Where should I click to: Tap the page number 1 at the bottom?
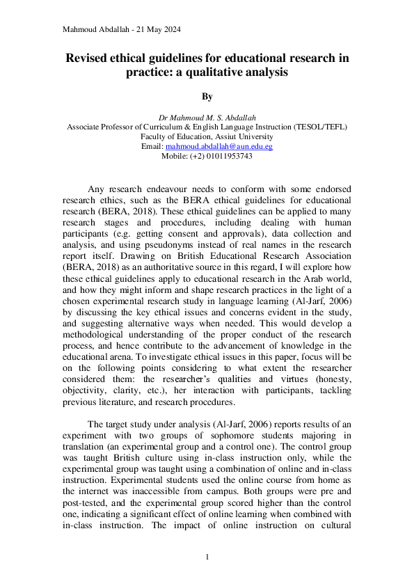point(207,557)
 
